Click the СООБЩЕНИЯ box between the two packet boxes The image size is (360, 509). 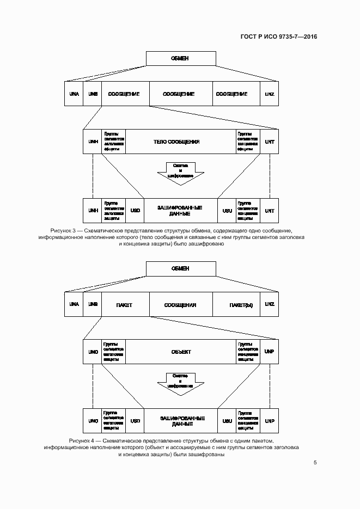[x=180, y=305]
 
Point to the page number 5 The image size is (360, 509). [x=315, y=463]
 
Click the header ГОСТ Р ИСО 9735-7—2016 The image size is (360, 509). [x=278, y=36]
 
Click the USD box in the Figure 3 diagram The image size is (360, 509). [x=136, y=211]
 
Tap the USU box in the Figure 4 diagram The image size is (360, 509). [x=227, y=421]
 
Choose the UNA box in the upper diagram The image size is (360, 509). [x=74, y=94]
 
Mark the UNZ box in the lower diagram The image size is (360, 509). [x=270, y=305]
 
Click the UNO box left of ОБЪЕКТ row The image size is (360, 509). [x=93, y=352]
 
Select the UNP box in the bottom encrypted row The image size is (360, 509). [x=270, y=421]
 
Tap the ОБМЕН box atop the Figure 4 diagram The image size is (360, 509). [x=180, y=268]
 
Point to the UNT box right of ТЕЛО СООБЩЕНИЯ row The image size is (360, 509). [x=270, y=142]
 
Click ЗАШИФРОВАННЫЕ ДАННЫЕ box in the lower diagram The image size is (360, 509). [x=180, y=421]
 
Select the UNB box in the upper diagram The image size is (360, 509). [x=93, y=94]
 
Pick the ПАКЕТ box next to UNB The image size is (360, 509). [x=125, y=305]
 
